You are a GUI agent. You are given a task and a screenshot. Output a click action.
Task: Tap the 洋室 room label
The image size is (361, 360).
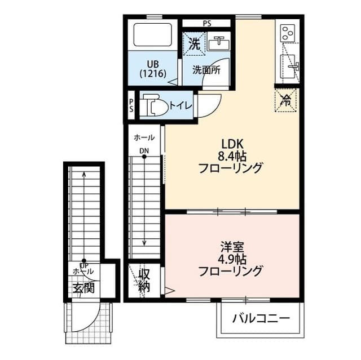tap(231, 246)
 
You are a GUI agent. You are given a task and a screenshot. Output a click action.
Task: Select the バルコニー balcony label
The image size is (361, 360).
tap(261, 319)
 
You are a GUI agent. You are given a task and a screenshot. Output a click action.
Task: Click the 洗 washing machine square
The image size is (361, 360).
tap(193, 43)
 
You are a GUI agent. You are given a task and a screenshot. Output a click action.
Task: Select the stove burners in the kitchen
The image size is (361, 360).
tap(288, 32)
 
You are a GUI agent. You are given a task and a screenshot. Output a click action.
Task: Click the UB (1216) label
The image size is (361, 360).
tap(152, 68)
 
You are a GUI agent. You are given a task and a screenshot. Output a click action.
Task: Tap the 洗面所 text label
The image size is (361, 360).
tap(206, 70)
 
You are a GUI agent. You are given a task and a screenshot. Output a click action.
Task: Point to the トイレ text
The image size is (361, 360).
tap(181, 105)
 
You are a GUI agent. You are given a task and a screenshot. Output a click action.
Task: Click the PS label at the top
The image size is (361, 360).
tap(207, 23)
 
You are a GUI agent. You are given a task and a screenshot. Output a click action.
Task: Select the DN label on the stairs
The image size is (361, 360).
tap(144, 150)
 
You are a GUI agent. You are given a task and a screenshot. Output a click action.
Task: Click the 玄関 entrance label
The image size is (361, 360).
tap(83, 288)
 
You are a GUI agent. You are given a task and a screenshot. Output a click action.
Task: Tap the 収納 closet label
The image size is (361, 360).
tap(144, 281)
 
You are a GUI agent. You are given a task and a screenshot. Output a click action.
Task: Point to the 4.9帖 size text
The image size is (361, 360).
tap(232, 259)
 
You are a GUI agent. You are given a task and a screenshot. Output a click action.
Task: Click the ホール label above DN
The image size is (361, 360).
tap(144, 137)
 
